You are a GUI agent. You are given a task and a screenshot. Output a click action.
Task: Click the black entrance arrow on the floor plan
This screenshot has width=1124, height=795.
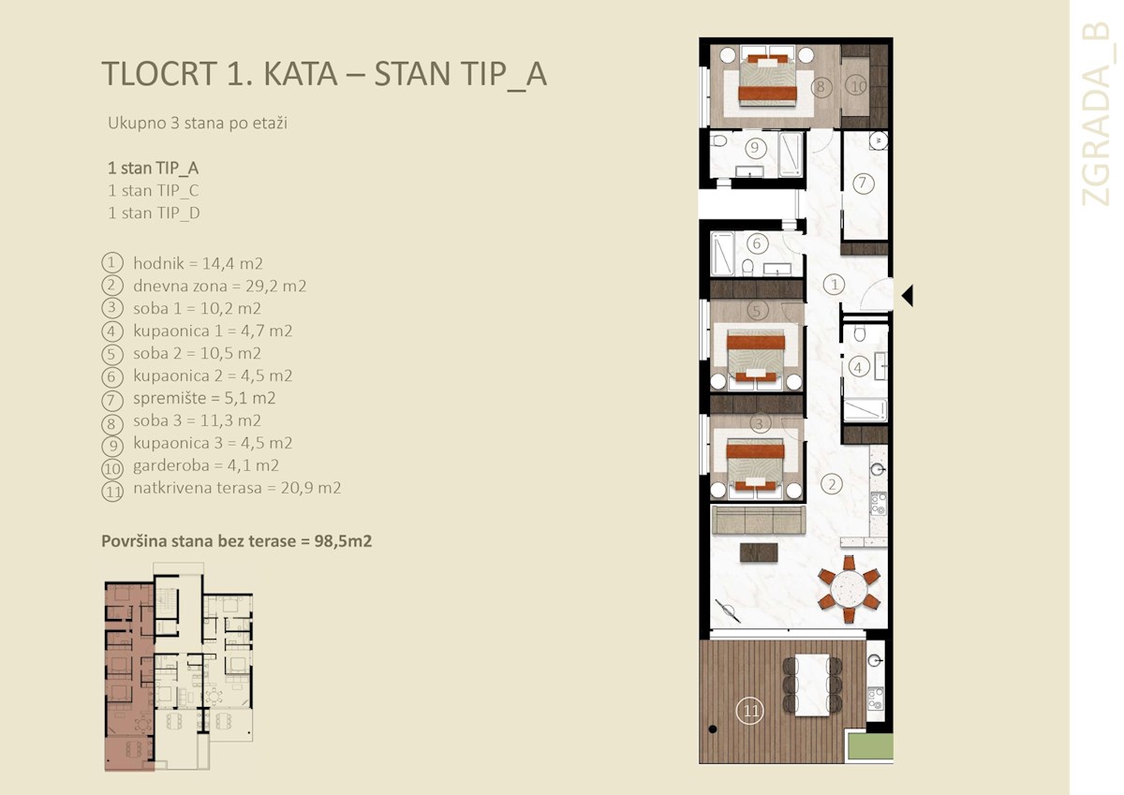coord(907,296)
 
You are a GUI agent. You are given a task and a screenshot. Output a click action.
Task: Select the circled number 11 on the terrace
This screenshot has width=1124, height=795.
coord(749,711)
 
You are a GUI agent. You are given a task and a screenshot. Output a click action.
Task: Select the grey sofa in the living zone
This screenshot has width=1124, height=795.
coord(758,519)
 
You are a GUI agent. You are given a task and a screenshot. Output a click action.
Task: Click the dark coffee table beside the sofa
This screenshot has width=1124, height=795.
coord(759,552)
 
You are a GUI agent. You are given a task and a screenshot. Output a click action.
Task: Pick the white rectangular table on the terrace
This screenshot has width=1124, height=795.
coord(811,685)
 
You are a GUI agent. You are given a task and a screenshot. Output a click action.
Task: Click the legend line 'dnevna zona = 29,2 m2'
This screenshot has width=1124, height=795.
coord(219,286)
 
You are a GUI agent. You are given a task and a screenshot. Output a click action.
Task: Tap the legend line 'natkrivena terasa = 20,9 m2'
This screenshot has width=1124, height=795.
coord(236,488)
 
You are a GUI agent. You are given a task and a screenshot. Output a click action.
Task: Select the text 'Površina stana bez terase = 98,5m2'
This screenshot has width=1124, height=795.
coord(236,540)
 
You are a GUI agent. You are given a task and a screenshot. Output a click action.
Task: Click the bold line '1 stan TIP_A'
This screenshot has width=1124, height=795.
coord(153,169)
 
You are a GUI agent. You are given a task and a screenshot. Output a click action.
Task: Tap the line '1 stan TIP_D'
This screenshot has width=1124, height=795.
coord(154,213)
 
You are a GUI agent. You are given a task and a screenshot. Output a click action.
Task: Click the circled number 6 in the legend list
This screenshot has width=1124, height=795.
coord(112,375)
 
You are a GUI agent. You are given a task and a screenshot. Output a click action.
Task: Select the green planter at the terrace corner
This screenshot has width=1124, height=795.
coord(870,746)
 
